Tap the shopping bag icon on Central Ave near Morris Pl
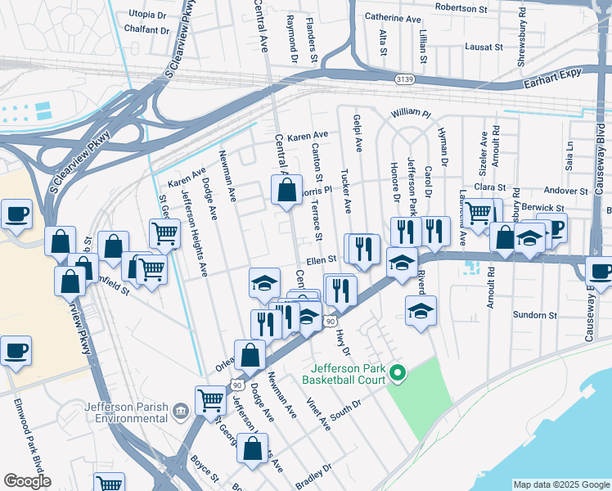(x=287, y=191)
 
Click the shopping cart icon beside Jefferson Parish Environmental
(x=210, y=401)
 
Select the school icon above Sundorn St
(x=421, y=311)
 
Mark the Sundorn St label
(x=534, y=314)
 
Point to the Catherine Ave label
(x=393, y=18)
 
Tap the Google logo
(x=27, y=481)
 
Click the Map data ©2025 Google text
(x=561, y=484)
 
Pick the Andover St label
(x=566, y=191)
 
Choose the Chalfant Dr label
(x=147, y=30)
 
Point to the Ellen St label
(x=322, y=259)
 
